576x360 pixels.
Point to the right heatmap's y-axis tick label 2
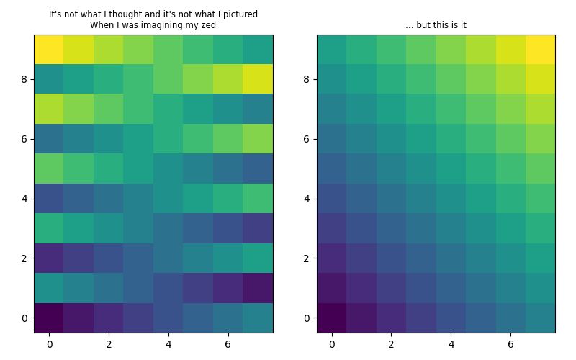point(306,258)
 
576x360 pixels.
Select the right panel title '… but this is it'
point(436,25)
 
